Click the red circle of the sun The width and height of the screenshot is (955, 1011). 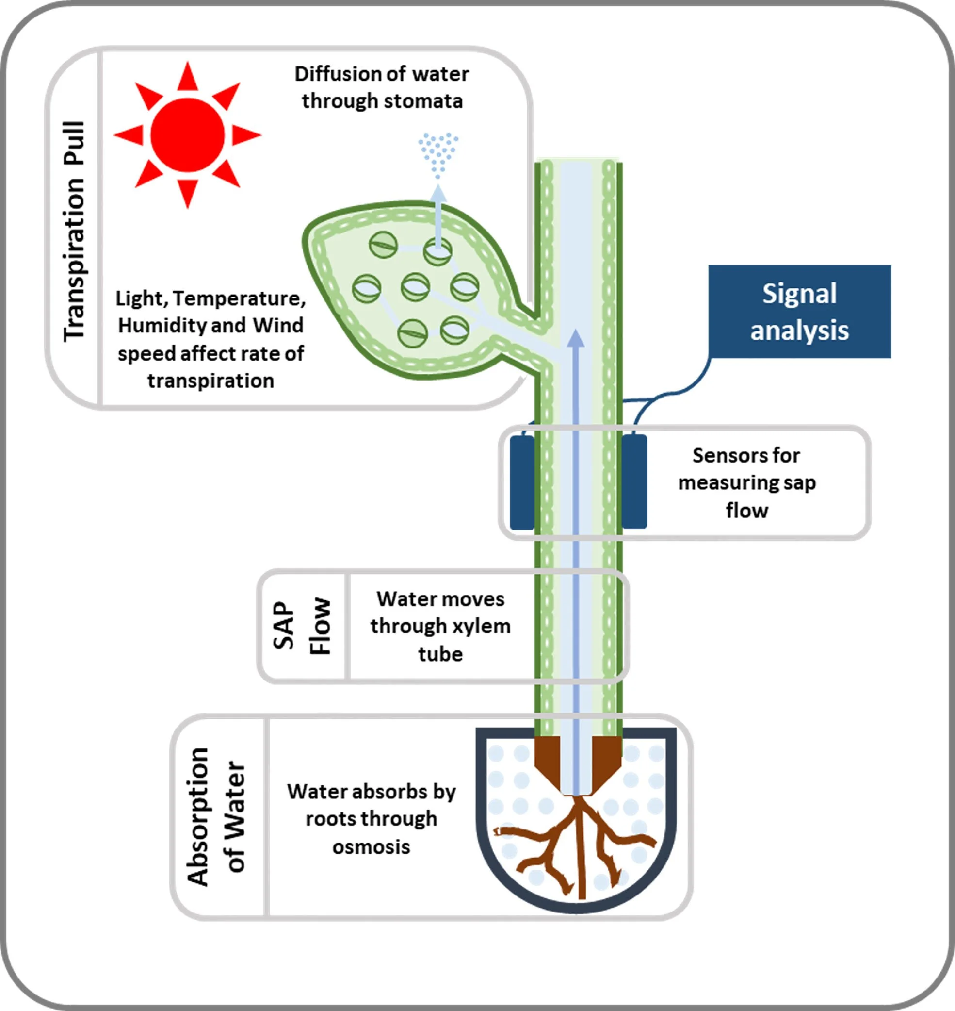coord(187,135)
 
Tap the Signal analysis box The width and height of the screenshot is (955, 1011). coord(799,311)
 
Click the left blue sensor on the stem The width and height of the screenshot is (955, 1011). coord(522,482)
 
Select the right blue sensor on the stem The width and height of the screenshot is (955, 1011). coord(634,482)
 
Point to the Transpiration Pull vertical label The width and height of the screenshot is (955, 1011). coord(74,232)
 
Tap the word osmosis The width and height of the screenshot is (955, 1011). coord(371,846)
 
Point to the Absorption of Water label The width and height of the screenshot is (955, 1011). coord(216,817)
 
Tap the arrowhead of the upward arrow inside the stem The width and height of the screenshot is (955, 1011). coord(576,338)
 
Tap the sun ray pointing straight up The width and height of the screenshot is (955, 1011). coord(187,76)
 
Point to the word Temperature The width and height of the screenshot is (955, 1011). coord(239,298)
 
